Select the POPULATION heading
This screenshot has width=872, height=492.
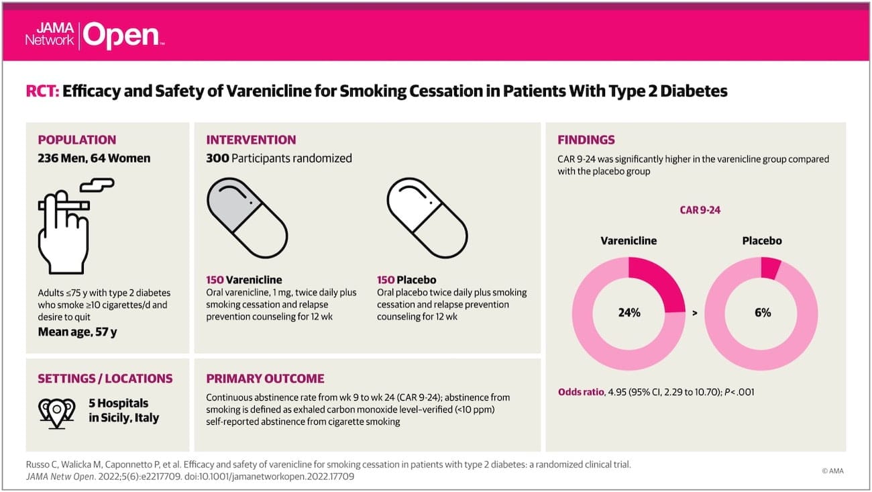tap(76, 140)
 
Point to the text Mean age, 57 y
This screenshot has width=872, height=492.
tap(81, 331)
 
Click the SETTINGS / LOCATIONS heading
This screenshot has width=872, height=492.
tap(105, 379)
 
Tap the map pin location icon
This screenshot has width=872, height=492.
tap(56, 410)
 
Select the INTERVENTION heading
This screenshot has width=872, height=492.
tap(251, 140)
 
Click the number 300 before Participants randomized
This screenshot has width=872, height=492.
tap(217, 158)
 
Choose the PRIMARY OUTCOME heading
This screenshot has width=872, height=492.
tap(265, 379)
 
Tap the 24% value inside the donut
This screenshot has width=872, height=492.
tap(628, 313)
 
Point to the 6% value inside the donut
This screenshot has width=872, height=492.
tap(762, 313)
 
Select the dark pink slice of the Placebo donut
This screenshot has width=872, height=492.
tap(771, 267)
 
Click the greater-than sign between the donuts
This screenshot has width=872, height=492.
tap(694, 313)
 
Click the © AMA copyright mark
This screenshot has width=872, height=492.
tap(832, 471)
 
